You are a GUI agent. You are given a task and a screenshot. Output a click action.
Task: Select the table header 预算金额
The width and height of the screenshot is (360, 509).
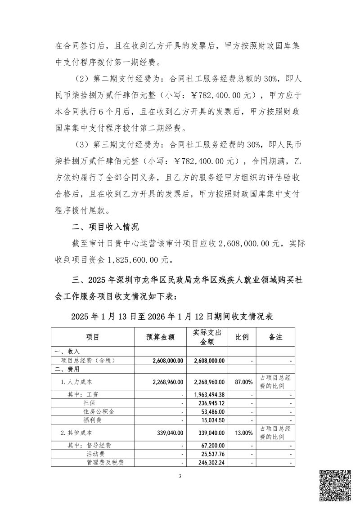(x=160, y=337)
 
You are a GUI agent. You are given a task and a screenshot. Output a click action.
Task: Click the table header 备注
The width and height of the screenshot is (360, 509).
(x=275, y=337)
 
